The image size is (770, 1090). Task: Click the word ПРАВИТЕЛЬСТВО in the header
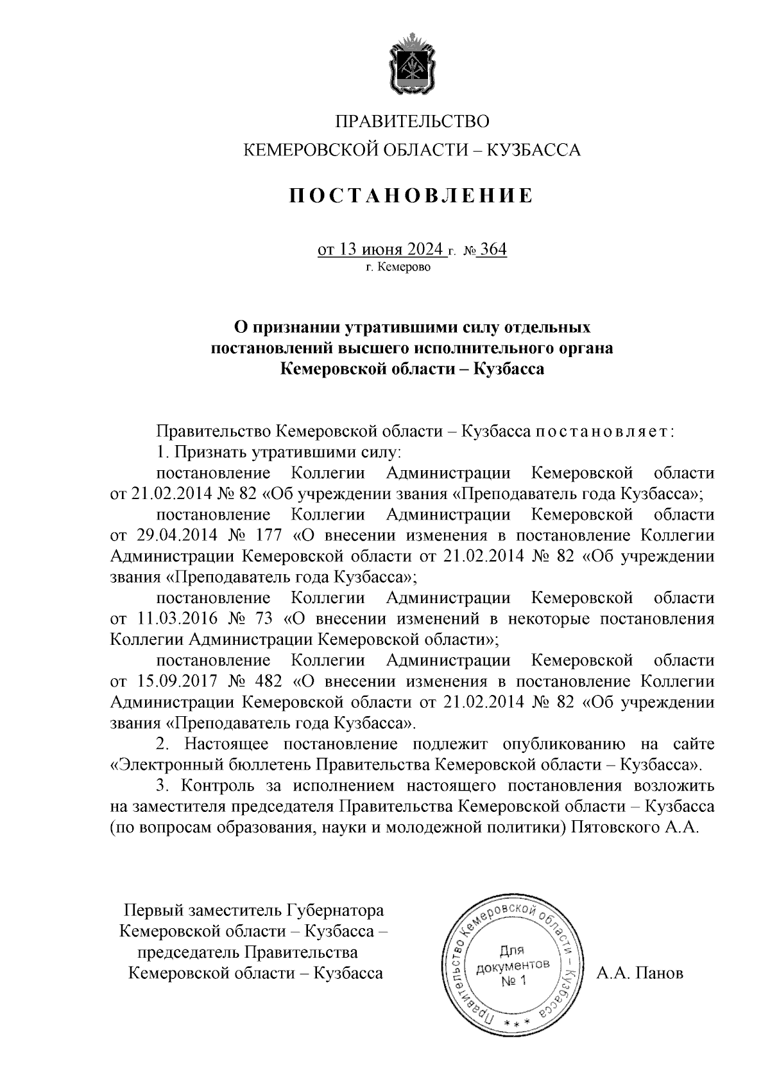[x=413, y=121]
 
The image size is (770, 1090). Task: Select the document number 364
[x=493, y=249]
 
